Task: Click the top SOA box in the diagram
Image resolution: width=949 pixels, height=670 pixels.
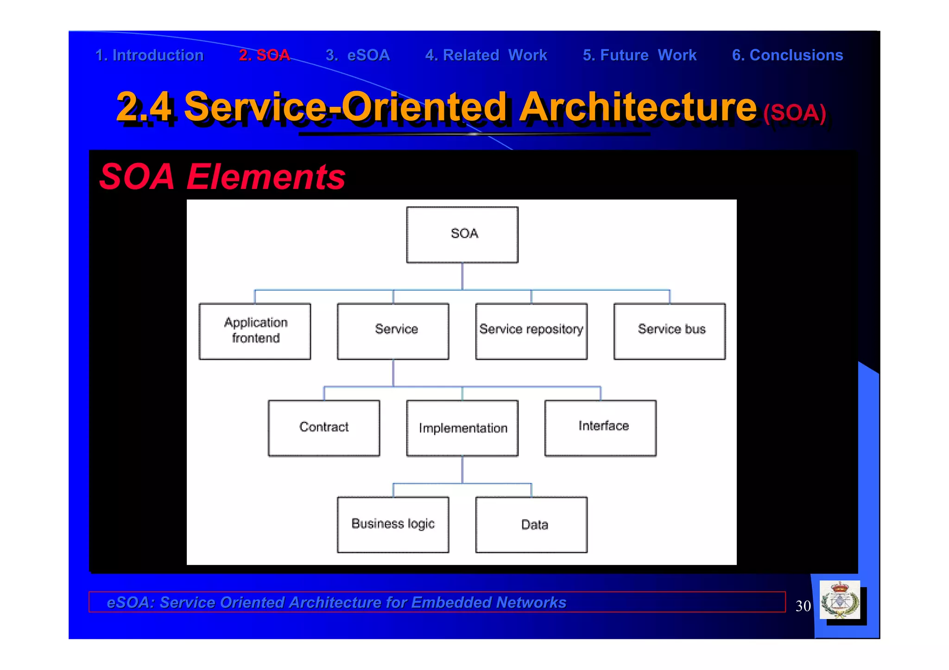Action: point(462,234)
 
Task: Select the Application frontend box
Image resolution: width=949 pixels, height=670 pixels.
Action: point(254,331)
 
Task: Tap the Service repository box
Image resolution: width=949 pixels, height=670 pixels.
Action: point(531,331)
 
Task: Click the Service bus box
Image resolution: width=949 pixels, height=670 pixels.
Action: point(669,331)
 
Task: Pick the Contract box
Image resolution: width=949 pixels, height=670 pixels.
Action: point(323,428)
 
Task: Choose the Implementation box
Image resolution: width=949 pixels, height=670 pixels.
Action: point(462,428)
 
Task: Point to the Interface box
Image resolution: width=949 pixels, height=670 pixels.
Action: point(600,428)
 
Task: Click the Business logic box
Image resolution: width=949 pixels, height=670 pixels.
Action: point(393,525)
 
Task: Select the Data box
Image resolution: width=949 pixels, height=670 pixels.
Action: point(531,525)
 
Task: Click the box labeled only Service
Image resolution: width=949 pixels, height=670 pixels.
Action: point(393,331)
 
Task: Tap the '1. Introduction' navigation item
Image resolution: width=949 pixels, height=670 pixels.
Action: point(149,55)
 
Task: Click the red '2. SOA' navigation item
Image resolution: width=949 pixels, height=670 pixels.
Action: point(264,55)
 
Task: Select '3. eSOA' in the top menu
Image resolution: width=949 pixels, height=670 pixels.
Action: point(357,55)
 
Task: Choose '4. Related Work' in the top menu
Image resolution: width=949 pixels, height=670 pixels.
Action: point(486,55)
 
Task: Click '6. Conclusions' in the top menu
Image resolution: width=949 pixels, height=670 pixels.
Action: point(787,55)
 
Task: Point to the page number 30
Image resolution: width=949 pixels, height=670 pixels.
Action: point(803,606)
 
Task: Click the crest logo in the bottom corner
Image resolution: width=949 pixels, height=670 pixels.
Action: point(840,601)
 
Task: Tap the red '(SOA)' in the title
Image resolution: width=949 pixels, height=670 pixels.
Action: point(794,113)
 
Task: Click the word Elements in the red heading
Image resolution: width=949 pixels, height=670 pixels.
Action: point(266,177)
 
